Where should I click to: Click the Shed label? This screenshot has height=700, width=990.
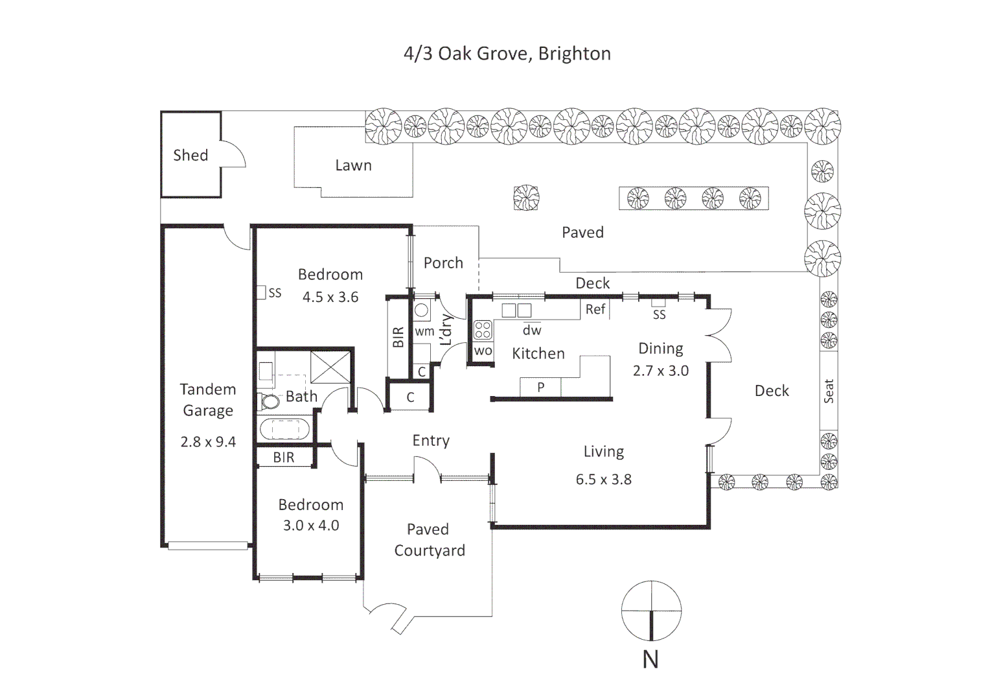point(190,155)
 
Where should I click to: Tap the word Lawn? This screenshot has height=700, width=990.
point(353,165)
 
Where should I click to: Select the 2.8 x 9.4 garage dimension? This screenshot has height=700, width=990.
point(208,442)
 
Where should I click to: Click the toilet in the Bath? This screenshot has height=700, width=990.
point(269,401)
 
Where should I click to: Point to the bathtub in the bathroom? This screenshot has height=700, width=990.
point(284,429)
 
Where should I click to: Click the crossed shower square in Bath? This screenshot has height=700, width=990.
point(330,367)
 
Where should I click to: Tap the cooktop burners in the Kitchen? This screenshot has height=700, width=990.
point(483,331)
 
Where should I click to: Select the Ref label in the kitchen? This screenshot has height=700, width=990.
point(595,309)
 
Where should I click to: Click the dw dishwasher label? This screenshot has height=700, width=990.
point(532,330)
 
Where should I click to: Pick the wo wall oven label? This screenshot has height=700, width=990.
point(483,351)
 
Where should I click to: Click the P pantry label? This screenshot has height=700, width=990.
point(540,388)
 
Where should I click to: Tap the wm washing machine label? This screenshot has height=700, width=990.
point(424,331)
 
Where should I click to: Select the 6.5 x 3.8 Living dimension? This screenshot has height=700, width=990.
point(604,480)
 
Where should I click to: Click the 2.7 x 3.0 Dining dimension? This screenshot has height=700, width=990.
point(661,371)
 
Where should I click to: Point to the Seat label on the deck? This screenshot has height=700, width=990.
point(829,391)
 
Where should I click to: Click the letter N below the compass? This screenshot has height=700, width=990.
point(650,660)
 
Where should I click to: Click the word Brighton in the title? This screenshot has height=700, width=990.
point(575,54)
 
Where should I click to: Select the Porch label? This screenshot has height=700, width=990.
point(443,262)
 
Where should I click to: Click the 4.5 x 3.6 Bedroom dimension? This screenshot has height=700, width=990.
point(330,297)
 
